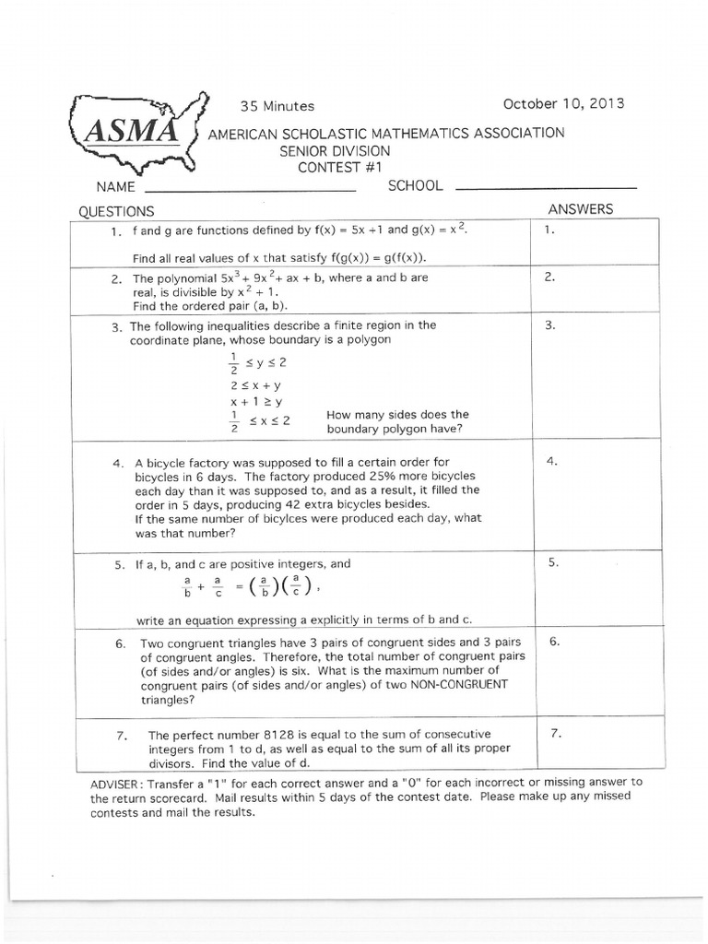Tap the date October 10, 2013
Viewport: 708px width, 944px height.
562,103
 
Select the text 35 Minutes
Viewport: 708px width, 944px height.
277,106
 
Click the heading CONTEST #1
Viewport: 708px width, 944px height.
339,167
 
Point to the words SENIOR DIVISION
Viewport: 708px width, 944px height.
335,150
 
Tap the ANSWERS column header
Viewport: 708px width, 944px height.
580,209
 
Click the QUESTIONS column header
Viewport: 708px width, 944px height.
116,211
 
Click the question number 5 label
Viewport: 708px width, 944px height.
119,564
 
